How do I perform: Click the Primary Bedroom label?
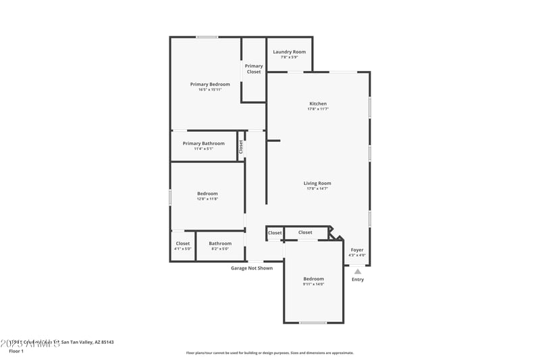[x=210, y=84]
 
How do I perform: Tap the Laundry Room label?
[x=289, y=52]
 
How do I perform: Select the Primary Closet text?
[x=254, y=69]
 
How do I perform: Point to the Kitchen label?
[x=317, y=104]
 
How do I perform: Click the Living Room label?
[x=317, y=183]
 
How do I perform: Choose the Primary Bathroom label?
[x=203, y=143]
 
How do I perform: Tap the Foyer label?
[x=357, y=250]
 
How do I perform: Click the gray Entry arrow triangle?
[x=358, y=271]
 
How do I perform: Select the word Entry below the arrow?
[x=358, y=280]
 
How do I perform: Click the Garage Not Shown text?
[x=252, y=268]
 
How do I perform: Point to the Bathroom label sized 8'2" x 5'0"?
[x=220, y=244]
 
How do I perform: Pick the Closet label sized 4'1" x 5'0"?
[x=183, y=244]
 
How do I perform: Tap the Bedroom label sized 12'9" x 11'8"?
[x=207, y=194]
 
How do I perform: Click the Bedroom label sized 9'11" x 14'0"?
[x=313, y=279]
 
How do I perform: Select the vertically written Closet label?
[x=241, y=147]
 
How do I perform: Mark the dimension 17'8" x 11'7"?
[x=317, y=109]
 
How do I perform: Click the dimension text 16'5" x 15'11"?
[x=210, y=90]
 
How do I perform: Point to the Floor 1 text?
[x=16, y=351]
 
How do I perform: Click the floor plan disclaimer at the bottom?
[x=269, y=353]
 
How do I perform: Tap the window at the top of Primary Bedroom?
[x=207, y=36]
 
